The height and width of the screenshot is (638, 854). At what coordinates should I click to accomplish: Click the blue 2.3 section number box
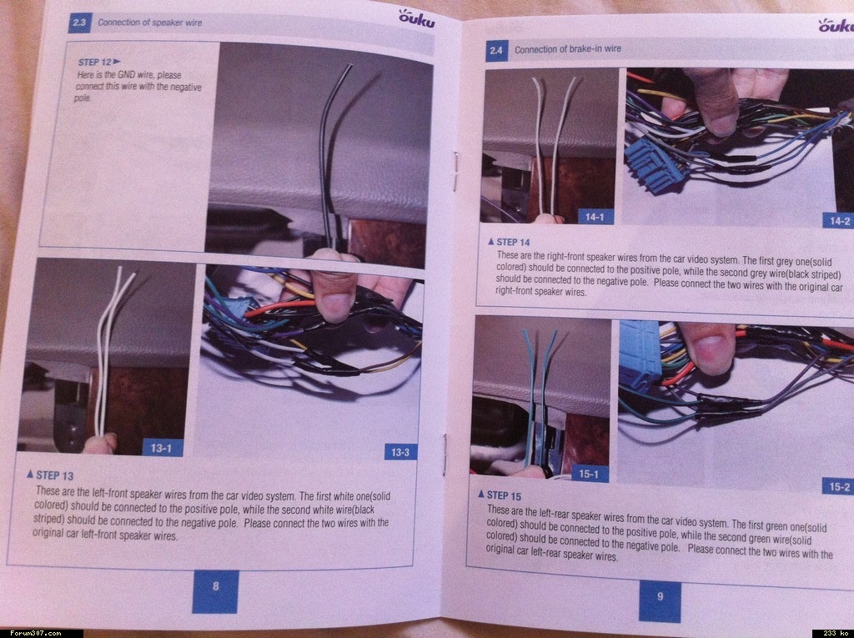pyautogui.click(x=79, y=23)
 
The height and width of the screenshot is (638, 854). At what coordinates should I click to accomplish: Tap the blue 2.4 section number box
pyautogui.click(x=495, y=50)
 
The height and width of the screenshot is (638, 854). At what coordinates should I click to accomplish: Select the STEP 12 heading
pyautogui.click(x=99, y=62)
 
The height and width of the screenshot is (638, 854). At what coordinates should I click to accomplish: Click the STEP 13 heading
pyautogui.click(x=50, y=475)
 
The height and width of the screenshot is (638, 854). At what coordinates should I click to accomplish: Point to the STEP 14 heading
pyautogui.click(x=509, y=241)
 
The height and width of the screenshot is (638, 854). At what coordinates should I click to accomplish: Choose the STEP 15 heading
pyautogui.click(x=500, y=495)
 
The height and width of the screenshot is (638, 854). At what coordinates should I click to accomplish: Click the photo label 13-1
pyautogui.click(x=162, y=448)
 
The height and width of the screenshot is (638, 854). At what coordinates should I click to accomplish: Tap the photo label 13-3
pyautogui.click(x=400, y=452)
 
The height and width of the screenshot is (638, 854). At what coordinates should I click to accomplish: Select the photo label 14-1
pyautogui.click(x=595, y=217)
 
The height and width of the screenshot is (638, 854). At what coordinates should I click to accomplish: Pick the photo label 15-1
pyautogui.click(x=590, y=474)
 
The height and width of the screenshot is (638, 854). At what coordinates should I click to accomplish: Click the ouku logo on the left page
pyautogui.click(x=417, y=18)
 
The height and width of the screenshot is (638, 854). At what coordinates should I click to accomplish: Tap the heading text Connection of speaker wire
pyautogui.click(x=150, y=23)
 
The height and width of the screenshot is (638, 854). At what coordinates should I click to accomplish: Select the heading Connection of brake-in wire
pyautogui.click(x=567, y=49)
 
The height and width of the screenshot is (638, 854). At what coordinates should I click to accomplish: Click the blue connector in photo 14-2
pyautogui.click(x=654, y=165)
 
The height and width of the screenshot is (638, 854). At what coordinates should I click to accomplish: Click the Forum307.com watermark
pyautogui.click(x=35, y=633)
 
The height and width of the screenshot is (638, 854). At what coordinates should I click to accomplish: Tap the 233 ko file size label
pyautogui.click(x=833, y=633)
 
